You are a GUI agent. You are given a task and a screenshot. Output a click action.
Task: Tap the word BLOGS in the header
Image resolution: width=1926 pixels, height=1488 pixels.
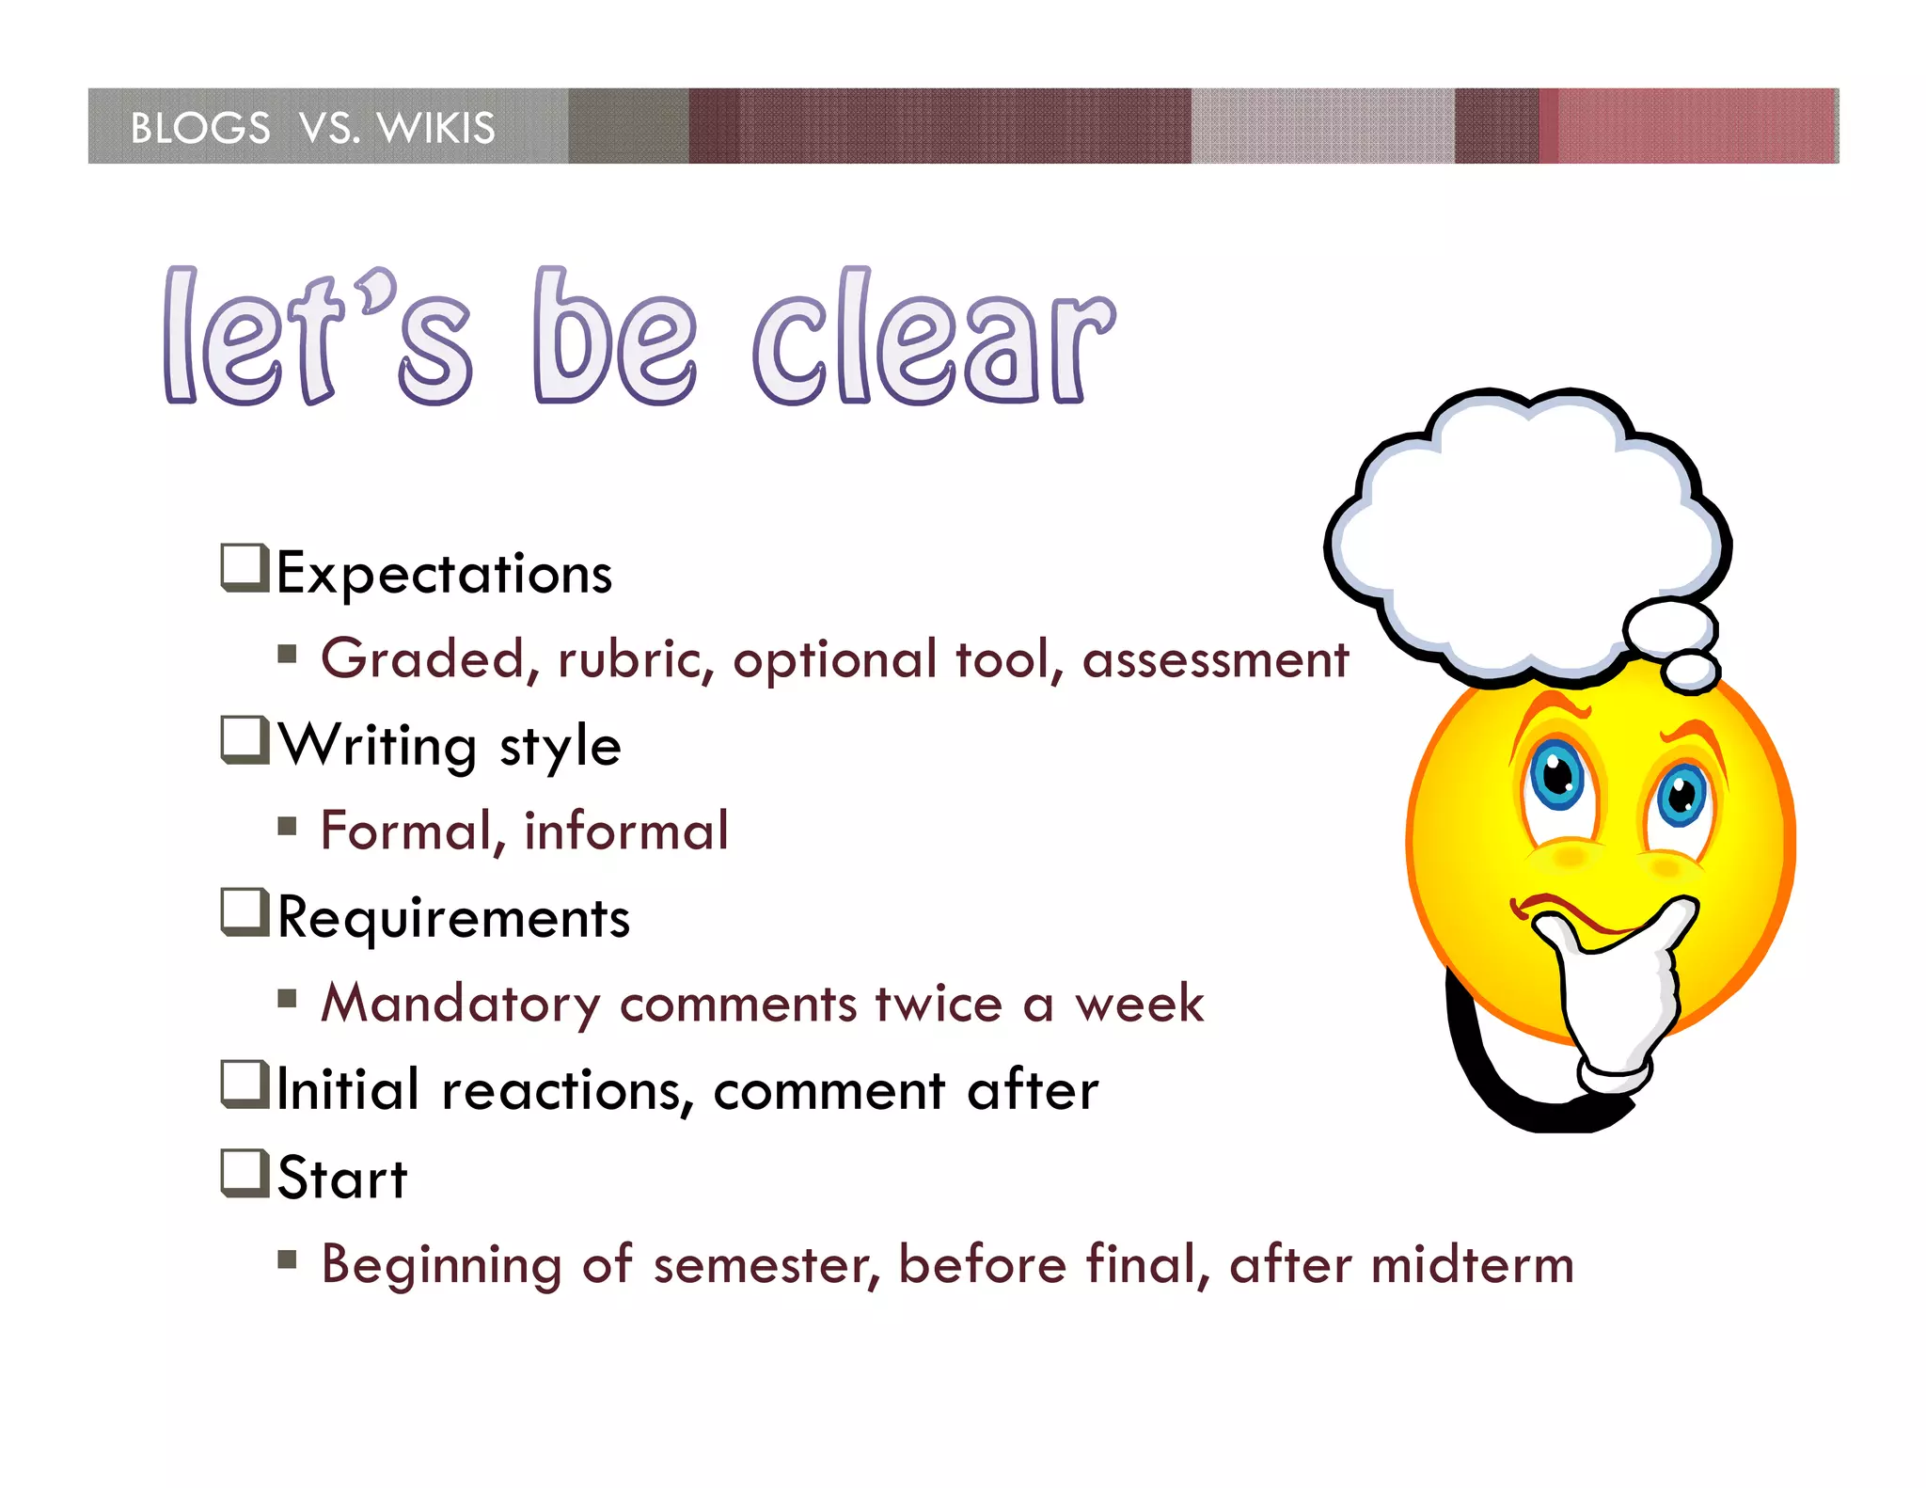(x=200, y=128)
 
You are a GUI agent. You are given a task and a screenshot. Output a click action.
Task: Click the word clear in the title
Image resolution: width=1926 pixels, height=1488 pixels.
(x=933, y=339)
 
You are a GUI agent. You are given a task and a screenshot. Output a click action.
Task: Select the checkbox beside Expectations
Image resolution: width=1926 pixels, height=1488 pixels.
(x=245, y=568)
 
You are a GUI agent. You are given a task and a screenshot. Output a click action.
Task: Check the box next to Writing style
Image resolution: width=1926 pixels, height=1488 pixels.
(x=245, y=740)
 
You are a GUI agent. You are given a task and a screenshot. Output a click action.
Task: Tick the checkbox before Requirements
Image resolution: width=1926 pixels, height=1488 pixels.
(x=245, y=912)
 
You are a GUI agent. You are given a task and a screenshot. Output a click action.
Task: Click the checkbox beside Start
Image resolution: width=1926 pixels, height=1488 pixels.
(x=245, y=1173)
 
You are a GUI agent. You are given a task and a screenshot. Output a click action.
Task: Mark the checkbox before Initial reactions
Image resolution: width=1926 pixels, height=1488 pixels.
(x=245, y=1084)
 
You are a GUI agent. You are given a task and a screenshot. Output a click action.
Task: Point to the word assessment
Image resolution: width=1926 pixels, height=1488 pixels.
(x=1215, y=658)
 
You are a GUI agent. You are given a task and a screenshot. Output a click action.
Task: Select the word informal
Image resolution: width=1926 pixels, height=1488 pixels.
(x=625, y=831)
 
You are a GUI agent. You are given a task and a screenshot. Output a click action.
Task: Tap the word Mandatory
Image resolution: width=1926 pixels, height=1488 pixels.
(x=460, y=1004)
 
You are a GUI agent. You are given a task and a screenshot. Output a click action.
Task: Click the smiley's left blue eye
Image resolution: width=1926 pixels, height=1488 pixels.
(x=1557, y=775)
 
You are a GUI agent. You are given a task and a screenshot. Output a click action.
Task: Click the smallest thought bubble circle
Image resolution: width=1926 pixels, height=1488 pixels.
(x=1691, y=672)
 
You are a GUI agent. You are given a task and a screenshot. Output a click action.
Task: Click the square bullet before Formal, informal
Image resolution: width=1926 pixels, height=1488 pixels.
(x=288, y=827)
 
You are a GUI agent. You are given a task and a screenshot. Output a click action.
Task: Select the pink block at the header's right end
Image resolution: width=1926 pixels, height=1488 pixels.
(x=1693, y=126)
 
